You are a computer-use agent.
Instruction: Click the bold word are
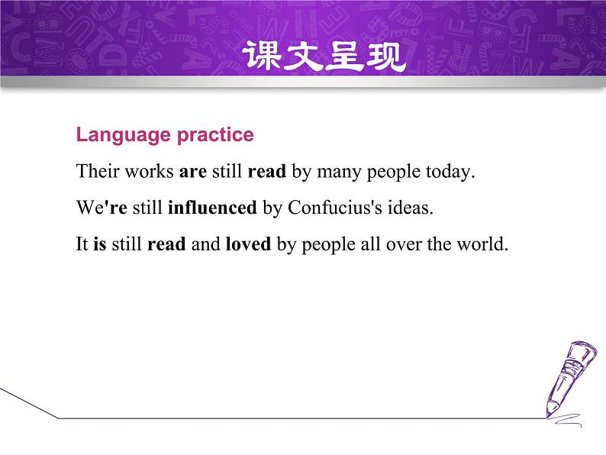[193, 171]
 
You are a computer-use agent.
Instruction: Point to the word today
[450, 171]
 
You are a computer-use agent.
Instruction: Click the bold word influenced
[211, 208]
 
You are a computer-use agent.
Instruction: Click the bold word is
[100, 245]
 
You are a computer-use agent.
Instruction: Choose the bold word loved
[248, 245]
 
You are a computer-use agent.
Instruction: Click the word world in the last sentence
[484, 245]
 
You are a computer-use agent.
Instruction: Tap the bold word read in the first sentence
[266, 171]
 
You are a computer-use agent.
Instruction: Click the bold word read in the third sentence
[166, 245]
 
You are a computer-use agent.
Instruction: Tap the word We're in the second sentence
[102, 208]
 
